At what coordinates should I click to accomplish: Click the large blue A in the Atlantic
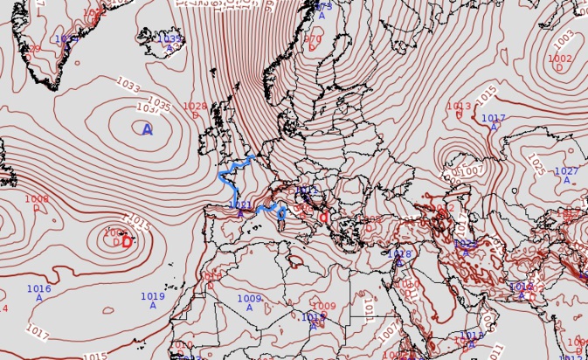[147, 129]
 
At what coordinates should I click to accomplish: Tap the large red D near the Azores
[127, 242]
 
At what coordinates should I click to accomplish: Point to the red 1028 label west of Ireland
[195, 107]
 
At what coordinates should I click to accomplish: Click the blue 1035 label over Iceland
[169, 39]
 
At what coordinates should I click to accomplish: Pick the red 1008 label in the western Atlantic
[37, 199]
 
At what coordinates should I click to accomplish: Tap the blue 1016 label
[38, 289]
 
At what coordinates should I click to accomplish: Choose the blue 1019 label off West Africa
[153, 297]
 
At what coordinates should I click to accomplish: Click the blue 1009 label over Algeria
[249, 300]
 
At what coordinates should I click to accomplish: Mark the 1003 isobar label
[564, 39]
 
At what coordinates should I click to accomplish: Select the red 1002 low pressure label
[560, 59]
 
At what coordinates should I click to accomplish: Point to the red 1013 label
[459, 107]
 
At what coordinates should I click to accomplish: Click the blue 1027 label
[566, 172]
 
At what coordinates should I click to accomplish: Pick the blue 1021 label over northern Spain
[240, 206]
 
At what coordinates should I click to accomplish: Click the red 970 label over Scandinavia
[312, 39]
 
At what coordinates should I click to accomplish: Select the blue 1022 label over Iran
[465, 244]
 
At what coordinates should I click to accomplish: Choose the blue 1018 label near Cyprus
[399, 254]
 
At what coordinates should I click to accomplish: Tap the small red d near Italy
[323, 218]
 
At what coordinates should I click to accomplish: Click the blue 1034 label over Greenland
[66, 39]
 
